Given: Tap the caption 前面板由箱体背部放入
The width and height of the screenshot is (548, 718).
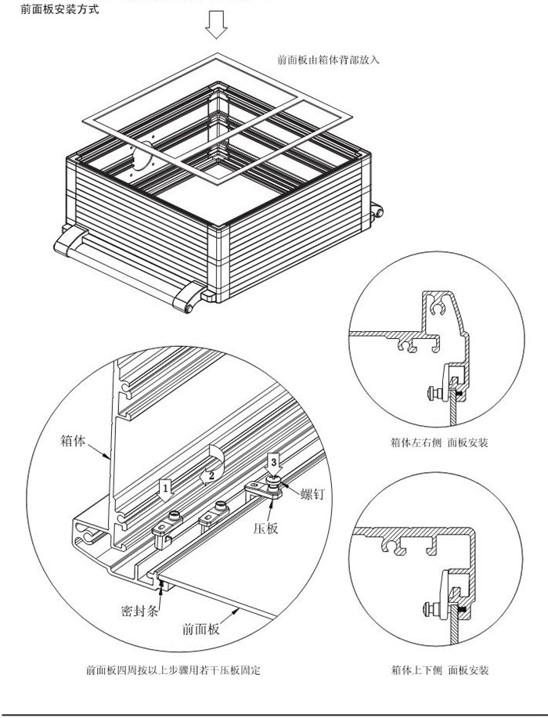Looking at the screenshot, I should [x=328, y=60].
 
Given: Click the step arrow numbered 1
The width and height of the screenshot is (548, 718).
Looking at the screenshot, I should [x=164, y=489].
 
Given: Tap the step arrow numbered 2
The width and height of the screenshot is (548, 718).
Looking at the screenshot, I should [x=209, y=474].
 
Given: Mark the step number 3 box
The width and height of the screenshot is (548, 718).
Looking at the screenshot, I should [x=273, y=461].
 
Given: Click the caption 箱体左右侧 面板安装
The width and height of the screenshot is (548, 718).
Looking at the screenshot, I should [x=439, y=442].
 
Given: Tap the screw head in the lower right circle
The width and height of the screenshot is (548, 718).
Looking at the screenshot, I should [x=429, y=607].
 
